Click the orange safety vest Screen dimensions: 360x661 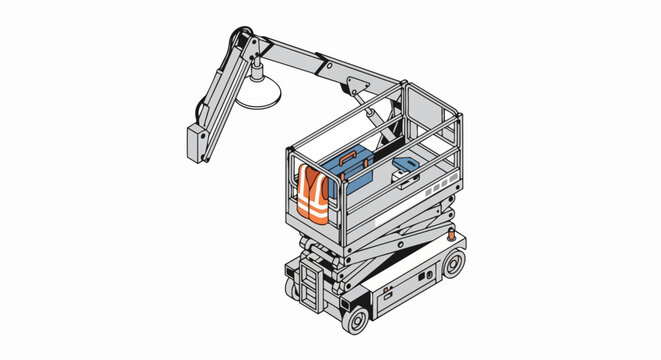coord(313,194)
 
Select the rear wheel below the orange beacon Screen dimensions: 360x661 coord(454,265)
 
